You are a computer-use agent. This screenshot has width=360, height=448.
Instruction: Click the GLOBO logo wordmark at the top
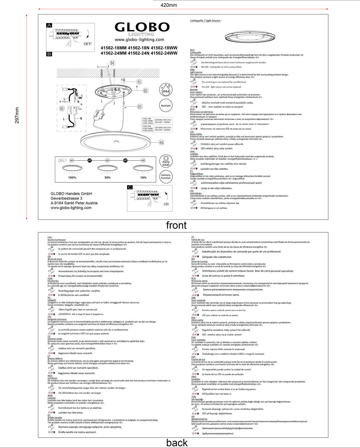click(x=142, y=27)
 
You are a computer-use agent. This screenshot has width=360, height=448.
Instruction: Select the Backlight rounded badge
click(x=166, y=106)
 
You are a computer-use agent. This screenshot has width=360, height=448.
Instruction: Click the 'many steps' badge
click(x=166, y=161)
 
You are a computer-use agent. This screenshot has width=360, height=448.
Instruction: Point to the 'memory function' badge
click(x=166, y=176)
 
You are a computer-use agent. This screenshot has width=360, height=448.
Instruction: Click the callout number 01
click(x=139, y=82)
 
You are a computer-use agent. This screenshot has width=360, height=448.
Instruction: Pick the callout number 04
click(x=112, y=63)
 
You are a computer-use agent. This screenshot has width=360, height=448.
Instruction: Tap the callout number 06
click(x=161, y=142)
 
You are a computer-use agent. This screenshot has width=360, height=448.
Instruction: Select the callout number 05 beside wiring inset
click(x=62, y=109)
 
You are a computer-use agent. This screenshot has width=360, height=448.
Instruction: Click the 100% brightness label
click(x=72, y=178)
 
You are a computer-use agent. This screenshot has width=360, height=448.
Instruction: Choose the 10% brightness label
click(x=143, y=178)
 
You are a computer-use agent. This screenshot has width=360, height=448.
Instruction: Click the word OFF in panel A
click(x=88, y=44)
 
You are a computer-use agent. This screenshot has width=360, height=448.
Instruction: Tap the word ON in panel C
click(x=166, y=204)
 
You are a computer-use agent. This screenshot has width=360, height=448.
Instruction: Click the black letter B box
click(x=49, y=54)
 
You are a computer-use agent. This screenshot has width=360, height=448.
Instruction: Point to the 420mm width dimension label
click(x=169, y=5)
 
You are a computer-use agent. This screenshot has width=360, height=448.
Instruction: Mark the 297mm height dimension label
click(x=17, y=115)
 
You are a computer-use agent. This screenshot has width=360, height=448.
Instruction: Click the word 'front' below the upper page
click(x=176, y=225)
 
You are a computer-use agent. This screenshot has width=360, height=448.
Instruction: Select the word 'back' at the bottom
click(x=177, y=443)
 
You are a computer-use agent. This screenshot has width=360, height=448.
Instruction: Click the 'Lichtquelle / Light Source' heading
click(x=205, y=21)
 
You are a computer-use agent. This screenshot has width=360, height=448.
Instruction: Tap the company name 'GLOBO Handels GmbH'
click(x=71, y=194)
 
